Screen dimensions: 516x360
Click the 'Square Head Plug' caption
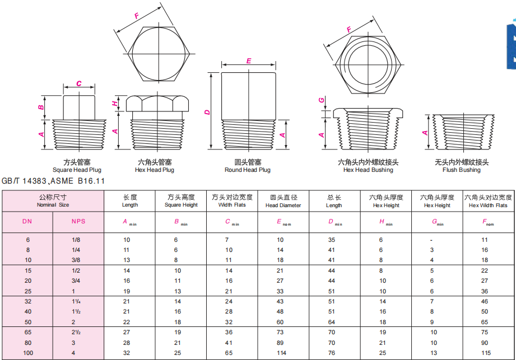(77, 170)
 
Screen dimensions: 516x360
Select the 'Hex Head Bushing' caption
(368, 170)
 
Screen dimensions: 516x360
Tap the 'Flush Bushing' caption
(461, 170)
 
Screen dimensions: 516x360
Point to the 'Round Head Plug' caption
(248, 170)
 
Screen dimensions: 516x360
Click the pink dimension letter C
(79, 83)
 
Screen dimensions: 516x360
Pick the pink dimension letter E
(249, 61)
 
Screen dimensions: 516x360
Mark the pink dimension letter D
(207, 112)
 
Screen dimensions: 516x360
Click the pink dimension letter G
(322, 100)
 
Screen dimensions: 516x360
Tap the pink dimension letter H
(115, 103)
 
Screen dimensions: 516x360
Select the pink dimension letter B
(41, 107)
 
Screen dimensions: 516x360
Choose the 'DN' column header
(27, 222)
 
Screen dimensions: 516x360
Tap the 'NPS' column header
(78, 222)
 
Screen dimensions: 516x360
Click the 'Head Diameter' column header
(283, 205)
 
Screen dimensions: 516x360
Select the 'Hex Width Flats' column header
(489, 205)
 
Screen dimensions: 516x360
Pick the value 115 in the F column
(486, 353)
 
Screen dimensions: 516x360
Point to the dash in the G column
(431, 240)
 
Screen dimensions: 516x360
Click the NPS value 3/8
(76, 260)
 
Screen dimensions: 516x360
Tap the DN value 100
(28, 353)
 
